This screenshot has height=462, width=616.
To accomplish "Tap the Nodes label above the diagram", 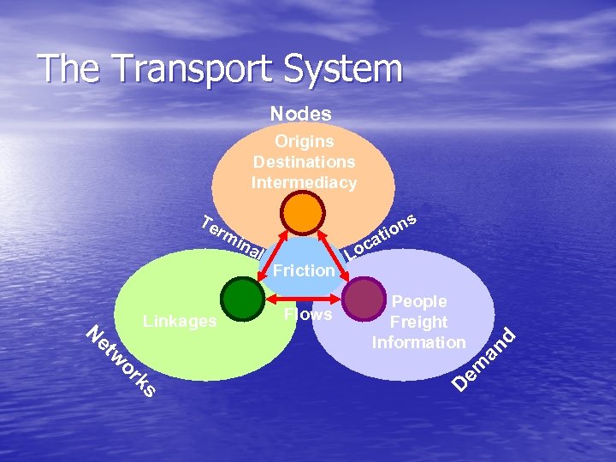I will pos(301,113).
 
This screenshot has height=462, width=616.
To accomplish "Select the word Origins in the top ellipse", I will pos(304,141).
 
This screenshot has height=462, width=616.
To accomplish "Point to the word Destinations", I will pos(304,162).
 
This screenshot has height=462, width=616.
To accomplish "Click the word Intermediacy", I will pos(304,182).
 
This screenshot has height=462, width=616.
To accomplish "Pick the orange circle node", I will pos(304,212).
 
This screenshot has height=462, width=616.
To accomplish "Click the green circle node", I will pos(242,299).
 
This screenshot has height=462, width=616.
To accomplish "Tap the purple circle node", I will pos(364,299).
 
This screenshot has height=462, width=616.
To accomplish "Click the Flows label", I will pos(308,315).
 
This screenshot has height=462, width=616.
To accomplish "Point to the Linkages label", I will pos(181,321).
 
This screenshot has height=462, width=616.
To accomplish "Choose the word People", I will pos(419,302).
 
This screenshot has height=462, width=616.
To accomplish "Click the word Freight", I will pos(418,323).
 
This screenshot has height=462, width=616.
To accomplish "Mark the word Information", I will pos(418,342).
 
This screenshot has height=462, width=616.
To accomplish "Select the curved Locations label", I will pos(380,235).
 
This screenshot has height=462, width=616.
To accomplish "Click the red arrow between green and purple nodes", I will pos(304,300).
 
